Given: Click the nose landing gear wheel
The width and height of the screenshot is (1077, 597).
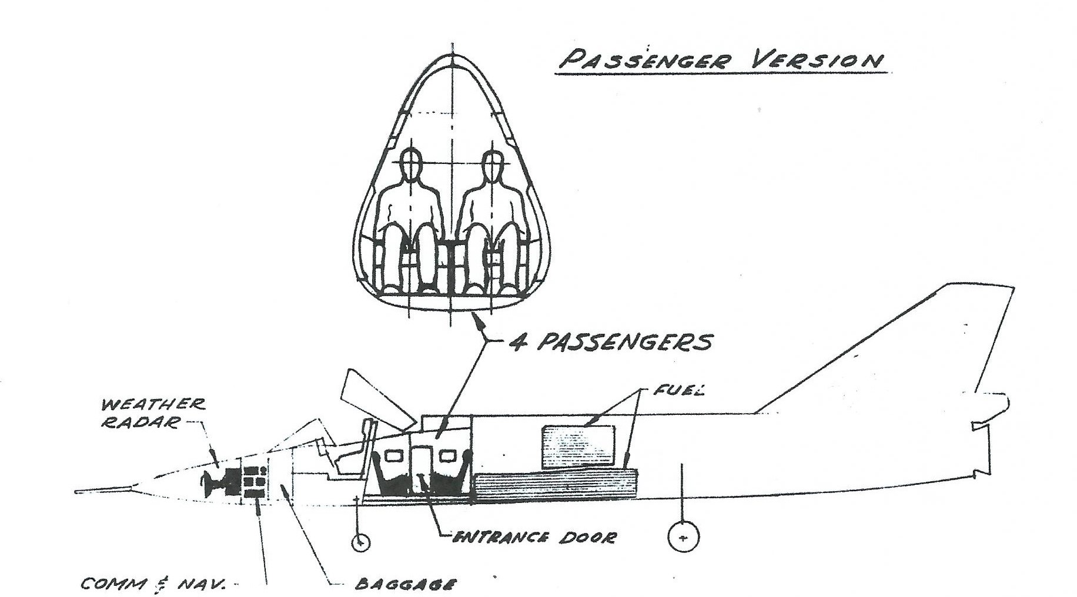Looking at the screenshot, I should (360, 542).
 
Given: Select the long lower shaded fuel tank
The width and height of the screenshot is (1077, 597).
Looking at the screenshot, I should (556, 487).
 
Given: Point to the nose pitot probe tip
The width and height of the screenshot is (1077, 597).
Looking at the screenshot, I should (78, 490).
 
